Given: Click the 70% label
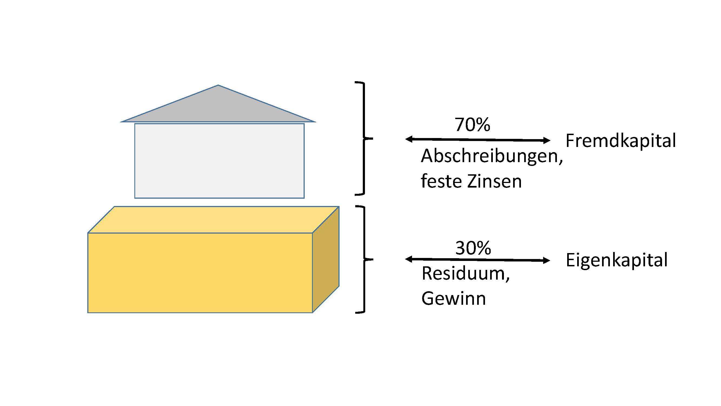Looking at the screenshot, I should (472, 125).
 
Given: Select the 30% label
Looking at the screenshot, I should (473, 248).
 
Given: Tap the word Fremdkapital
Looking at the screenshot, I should (620, 141).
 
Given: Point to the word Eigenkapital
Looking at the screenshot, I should (617, 260).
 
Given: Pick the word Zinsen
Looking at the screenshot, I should (494, 181).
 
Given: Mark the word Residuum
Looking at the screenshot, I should (465, 273).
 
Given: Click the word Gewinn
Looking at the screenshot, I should (453, 299).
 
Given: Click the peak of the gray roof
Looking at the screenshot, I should (218, 86).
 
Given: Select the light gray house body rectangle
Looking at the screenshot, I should (219, 161).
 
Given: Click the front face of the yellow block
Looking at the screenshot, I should (200, 273).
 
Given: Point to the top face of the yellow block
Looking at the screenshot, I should (213, 220).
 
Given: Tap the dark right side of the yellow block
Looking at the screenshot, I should (326, 259).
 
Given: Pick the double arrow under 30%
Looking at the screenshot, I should (477, 260).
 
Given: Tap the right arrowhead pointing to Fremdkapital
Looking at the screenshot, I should (546, 140).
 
